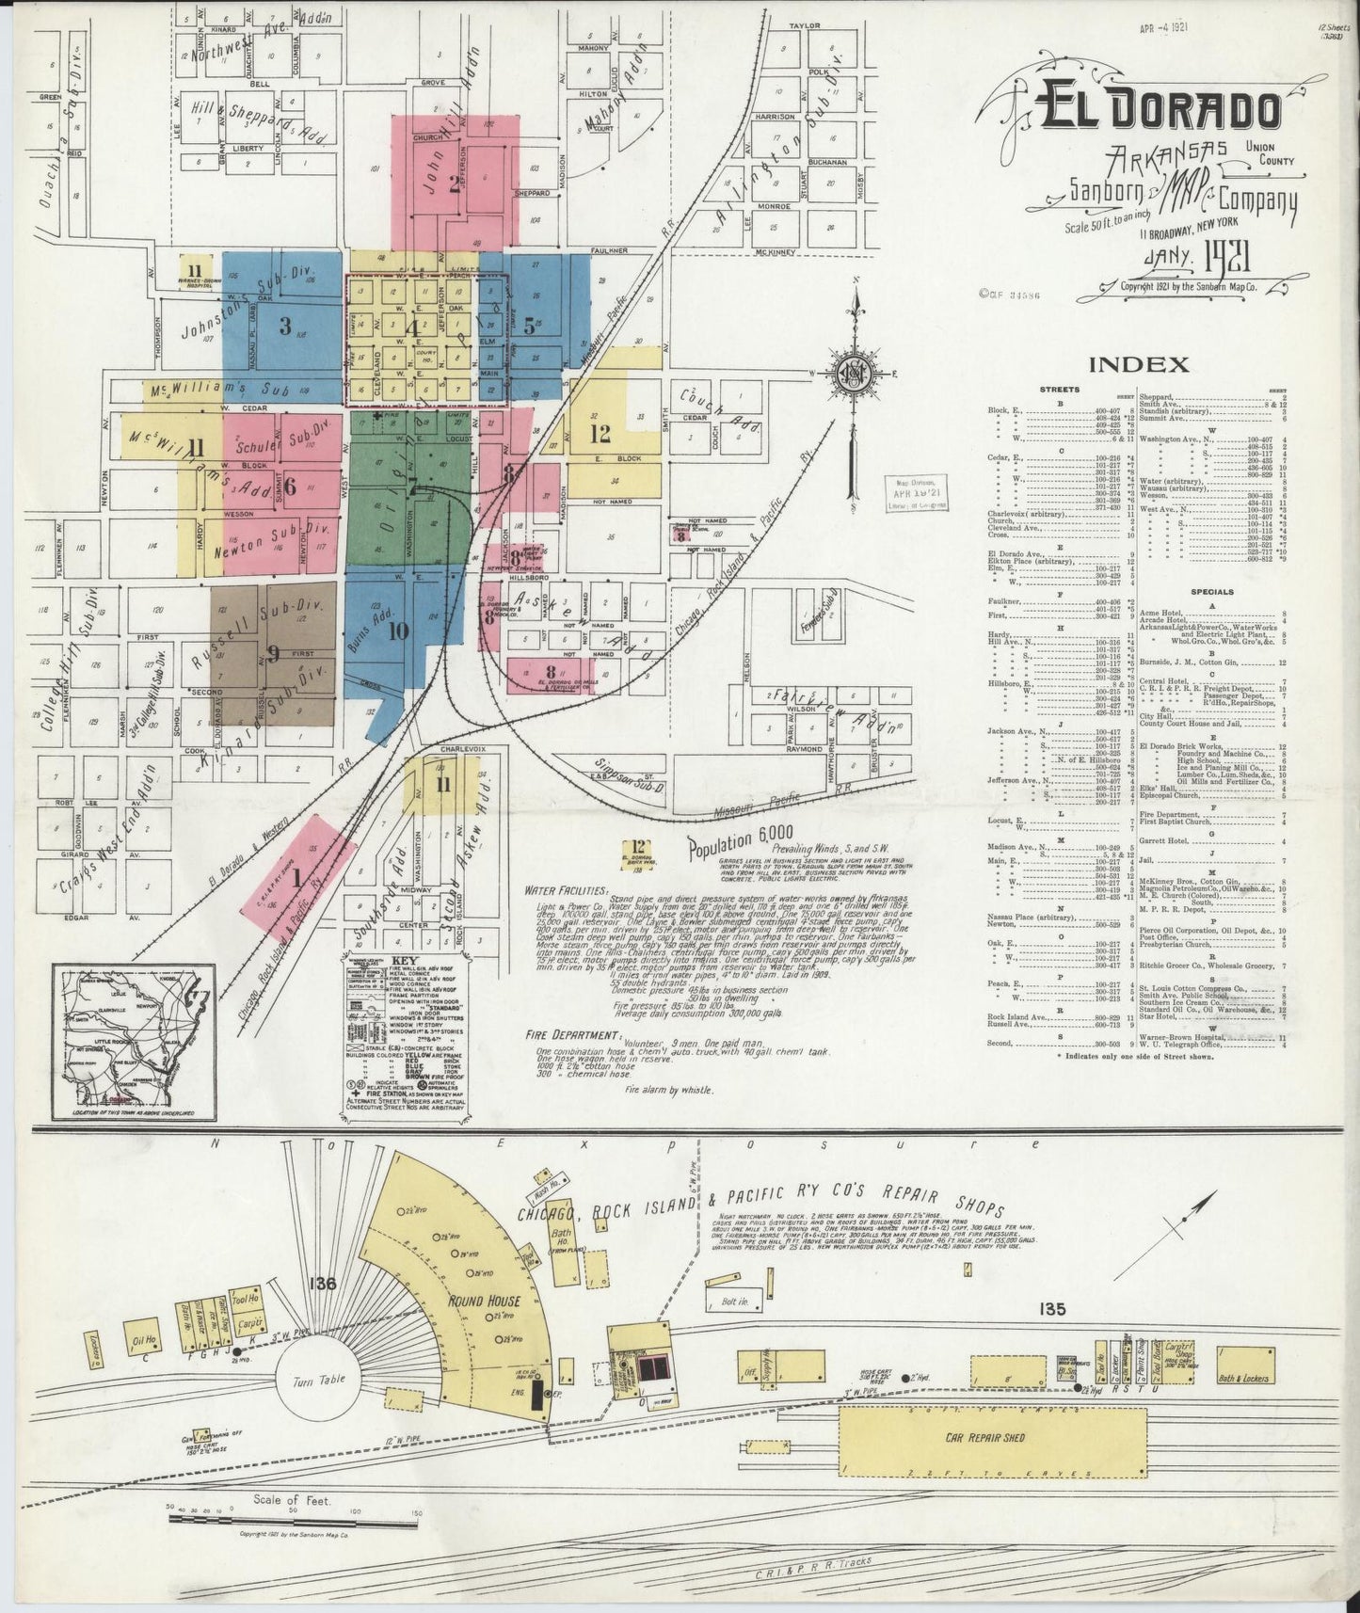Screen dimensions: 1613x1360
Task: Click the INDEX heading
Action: click(x=1138, y=364)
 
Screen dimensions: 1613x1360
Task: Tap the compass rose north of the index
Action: click(x=855, y=374)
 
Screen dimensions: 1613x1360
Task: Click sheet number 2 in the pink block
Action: click(x=454, y=184)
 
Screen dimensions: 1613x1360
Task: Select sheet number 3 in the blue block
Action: click(x=285, y=327)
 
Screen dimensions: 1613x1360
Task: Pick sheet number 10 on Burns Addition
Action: click(x=398, y=631)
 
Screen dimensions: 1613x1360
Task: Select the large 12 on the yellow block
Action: click(x=600, y=434)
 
